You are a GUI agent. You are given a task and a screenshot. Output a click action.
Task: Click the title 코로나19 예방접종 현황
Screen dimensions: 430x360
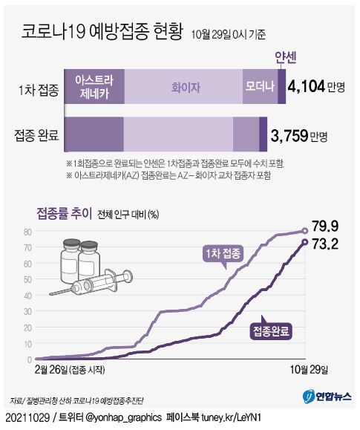(102, 34)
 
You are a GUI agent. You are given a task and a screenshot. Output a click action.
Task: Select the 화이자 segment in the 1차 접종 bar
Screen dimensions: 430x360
(182, 86)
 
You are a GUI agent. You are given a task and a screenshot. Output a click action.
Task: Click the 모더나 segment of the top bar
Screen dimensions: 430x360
(260, 86)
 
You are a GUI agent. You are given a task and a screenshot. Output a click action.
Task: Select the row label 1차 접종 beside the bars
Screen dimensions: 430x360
(37, 91)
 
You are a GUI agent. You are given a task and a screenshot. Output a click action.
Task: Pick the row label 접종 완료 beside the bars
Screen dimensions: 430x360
(36, 135)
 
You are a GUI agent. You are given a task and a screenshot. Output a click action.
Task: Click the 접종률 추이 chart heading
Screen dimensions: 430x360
(65, 214)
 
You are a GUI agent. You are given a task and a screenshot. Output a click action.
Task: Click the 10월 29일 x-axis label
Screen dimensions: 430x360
(307, 369)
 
